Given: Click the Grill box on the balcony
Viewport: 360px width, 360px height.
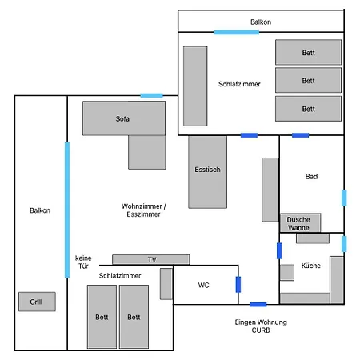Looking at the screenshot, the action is pyautogui.click(x=37, y=302).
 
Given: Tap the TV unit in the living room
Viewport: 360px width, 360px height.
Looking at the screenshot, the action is pyautogui.click(x=151, y=259).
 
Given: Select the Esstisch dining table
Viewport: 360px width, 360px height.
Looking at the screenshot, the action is pyautogui.click(x=207, y=172).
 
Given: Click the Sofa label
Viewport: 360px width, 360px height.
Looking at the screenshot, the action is pyautogui.click(x=122, y=118).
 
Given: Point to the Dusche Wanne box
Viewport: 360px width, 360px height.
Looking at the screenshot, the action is pyautogui.click(x=300, y=223).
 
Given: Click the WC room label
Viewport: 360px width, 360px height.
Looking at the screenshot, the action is pyautogui.click(x=203, y=285).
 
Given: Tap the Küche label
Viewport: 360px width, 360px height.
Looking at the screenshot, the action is pyautogui.click(x=311, y=266).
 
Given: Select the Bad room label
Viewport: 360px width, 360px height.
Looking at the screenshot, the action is pyautogui.click(x=311, y=176).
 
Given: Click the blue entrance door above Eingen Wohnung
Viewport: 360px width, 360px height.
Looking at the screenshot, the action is pyautogui.click(x=258, y=305).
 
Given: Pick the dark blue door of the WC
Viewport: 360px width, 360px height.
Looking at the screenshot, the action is pyautogui.click(x=238, y=285).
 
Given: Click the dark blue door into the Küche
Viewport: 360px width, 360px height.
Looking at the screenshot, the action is pyautogui.click(x=279, y=250).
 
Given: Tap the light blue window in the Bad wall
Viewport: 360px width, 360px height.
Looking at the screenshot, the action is pyautogui.click(x=344, y=198).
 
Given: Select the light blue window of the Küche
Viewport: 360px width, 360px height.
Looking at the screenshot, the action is pyautogui.click(x=344, y=244).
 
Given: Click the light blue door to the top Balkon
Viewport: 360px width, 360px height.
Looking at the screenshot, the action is pyautogui.click(x=236, y=32).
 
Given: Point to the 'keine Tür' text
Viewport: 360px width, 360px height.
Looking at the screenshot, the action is pyautogui.click(x=83, y=262).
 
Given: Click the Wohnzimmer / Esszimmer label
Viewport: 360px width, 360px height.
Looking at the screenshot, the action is pyautogui.click(x=143, y=210).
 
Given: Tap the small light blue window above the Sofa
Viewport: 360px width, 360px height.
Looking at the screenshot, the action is pyautogui.click(x=151, y=95).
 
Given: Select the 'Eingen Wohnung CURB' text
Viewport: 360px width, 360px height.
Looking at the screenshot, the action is pyautogui.click(x=261, y=326).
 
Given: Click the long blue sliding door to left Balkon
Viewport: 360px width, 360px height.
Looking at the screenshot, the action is pyautogui.click(x=67, y=210).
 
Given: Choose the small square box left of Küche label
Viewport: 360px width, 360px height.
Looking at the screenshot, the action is pyautogui.click(x=287, y=273).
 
